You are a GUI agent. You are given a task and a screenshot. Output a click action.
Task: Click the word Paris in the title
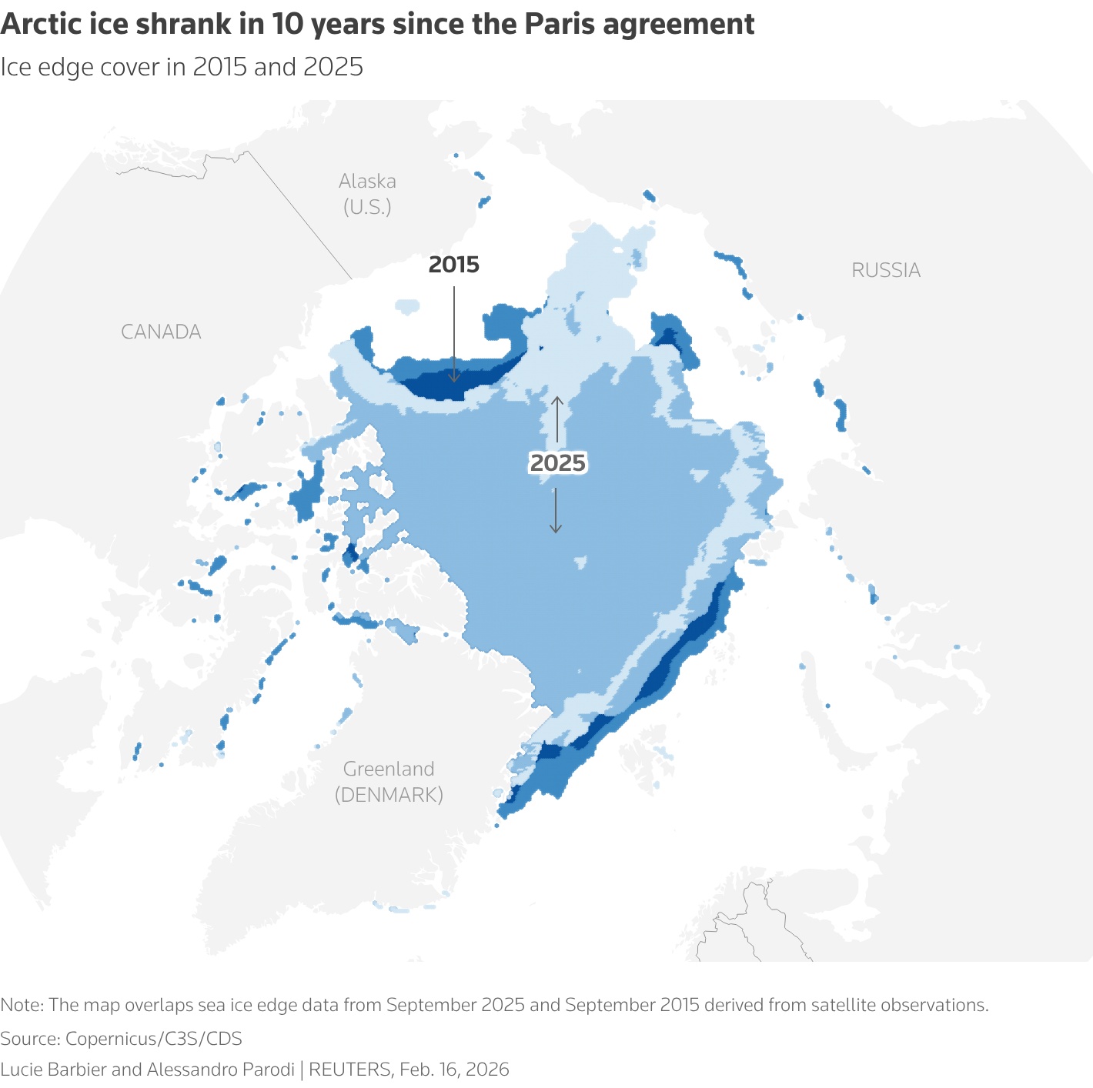click(560, 25)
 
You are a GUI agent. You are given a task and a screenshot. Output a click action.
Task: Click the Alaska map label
click(367, 182)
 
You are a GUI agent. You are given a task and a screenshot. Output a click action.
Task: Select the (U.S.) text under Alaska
click(367, 207)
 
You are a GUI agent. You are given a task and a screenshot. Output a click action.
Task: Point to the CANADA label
click(161, 332)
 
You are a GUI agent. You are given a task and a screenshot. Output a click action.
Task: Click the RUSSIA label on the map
click(885, 270)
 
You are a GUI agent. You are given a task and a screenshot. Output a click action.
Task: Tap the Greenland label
click(389, 769)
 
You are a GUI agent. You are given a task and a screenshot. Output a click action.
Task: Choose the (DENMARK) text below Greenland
click(389, 795)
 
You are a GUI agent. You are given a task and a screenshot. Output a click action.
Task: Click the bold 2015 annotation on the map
click(453, 265)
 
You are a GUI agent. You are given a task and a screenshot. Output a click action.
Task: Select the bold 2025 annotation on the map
click(558, 463)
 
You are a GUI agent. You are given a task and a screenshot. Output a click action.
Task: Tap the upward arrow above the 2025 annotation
click(557, 401)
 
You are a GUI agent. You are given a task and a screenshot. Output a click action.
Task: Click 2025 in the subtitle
click(333, 67)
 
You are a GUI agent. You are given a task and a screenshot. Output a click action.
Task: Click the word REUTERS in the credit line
click(349, 1070)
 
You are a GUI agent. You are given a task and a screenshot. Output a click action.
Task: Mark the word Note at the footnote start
click(21, 1005)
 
